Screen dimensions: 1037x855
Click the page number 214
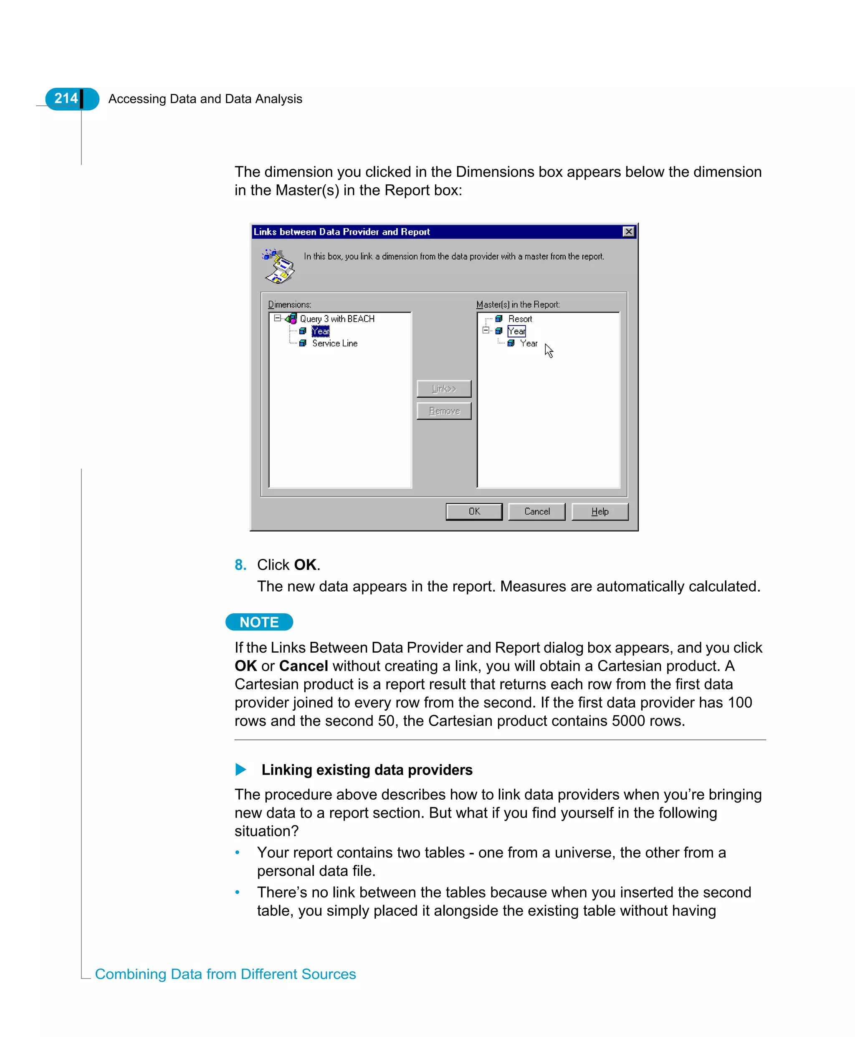click(x=66, y=98)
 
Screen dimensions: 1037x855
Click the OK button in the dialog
click(x=474, y=511)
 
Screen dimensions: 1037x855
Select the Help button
click(x=600, y=511)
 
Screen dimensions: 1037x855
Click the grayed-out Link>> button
click(x=444, y=389)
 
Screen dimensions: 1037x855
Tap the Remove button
click(x=444, y=411)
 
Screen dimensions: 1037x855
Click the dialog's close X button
click(x=628, y=231)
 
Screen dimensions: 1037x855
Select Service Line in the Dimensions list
click(x=334, y=343)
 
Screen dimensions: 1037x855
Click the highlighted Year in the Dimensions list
click(x=320, y=331)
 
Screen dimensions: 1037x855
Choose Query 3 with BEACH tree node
click(x=337, y=319)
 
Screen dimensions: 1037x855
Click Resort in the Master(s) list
click(x=520, y=319)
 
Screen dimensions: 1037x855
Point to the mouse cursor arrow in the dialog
click(x=549, y=351)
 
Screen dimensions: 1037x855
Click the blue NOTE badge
click(x=259, y=622)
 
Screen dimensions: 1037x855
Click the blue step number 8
click(x=240, y=564)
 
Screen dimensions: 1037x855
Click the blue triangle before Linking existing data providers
click(x=240, y=769)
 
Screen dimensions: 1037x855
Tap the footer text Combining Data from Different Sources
click(x=225, y=974)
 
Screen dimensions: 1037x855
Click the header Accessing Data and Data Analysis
click(x=205, y=99)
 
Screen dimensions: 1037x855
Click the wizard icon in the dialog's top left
click(x=279, y=266)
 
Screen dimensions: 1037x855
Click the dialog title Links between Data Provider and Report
click(x=341, y=231)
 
